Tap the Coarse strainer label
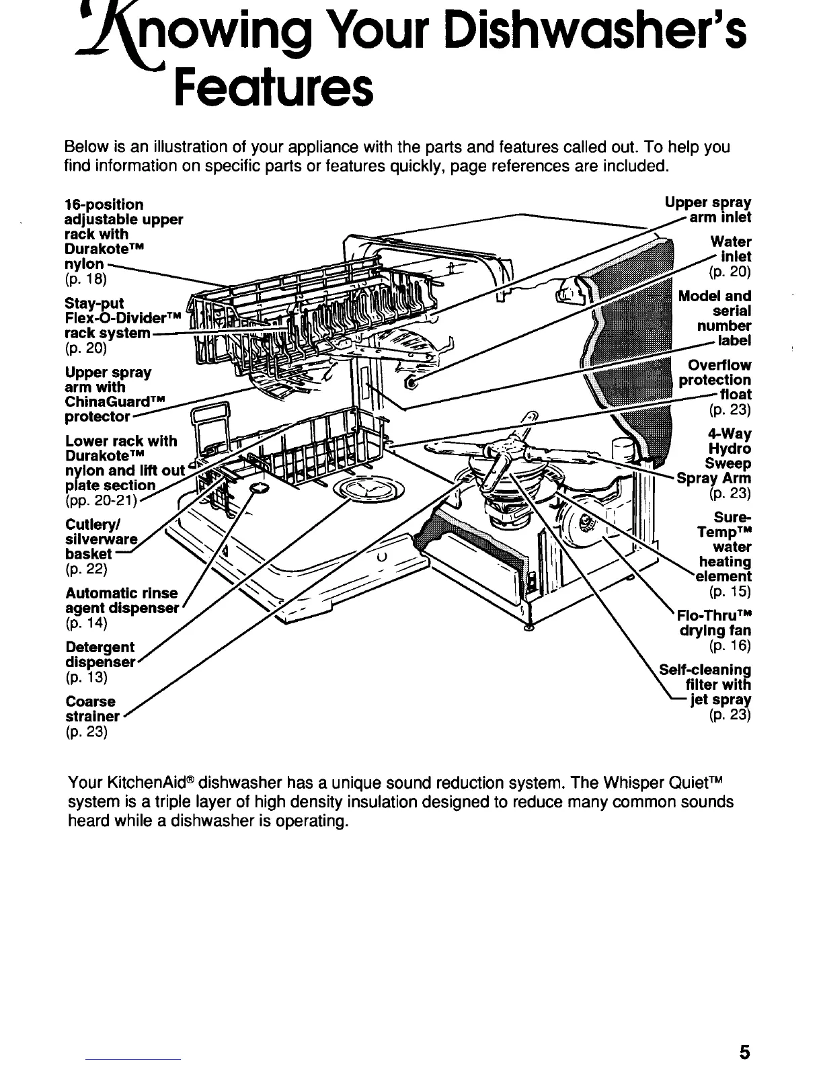tap(93, 709)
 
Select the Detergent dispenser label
tap(101, 654)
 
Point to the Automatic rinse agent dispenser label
tap(122, 600)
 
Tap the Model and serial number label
tap(715, 318)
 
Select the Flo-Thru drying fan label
tap(714, 623)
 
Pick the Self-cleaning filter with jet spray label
tap(706, 684)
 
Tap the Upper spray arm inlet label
tap(709, 210)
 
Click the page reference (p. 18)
tap(86, 278)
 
